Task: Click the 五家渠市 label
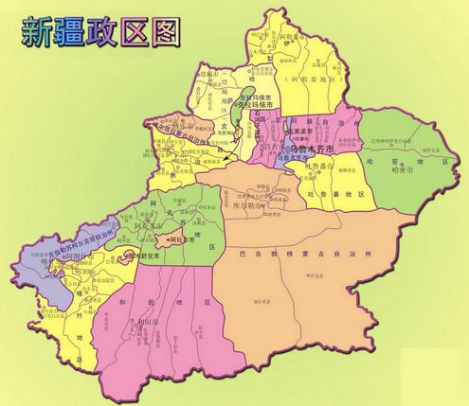(x=285, y=133)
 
